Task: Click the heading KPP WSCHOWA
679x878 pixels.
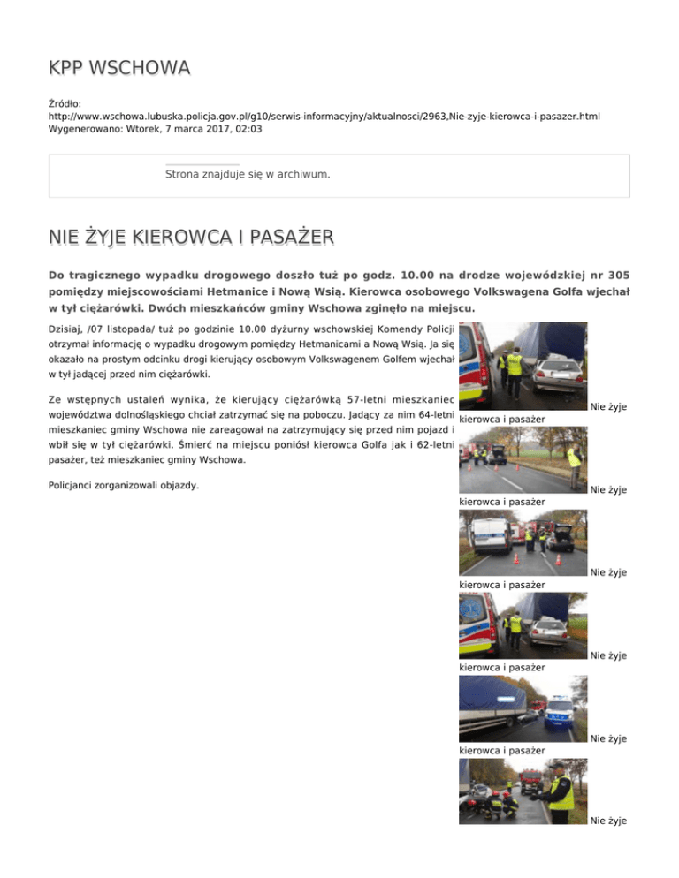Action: click(119, 68)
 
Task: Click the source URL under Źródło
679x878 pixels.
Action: click(329, 116)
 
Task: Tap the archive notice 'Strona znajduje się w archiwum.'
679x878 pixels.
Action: click(248, 174)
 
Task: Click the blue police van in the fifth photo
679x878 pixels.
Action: click(561, 712)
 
